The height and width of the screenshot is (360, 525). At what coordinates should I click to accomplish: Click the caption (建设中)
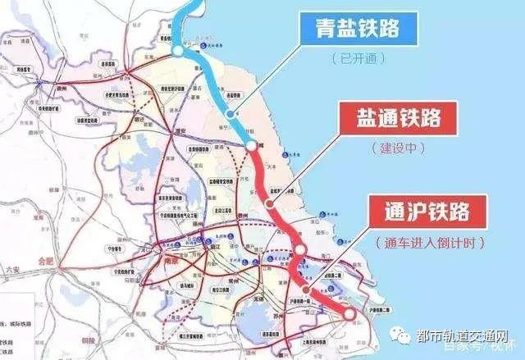coord(394,148)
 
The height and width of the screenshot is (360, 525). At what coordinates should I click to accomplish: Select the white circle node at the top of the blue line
coord(178,52)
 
